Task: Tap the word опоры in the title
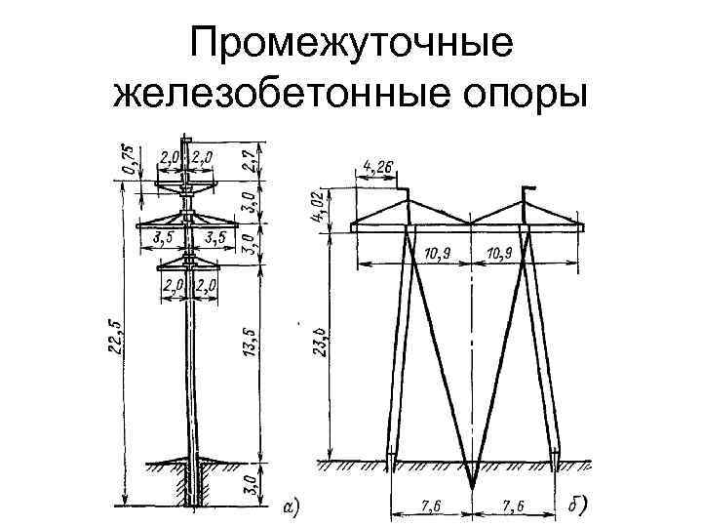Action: point(517,96)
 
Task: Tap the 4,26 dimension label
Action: point(378,168)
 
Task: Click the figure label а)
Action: point(290,507)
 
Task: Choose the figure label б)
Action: point(581,506)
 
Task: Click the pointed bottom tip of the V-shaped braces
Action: point(471,485)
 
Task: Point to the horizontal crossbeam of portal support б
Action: point(468,227)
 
